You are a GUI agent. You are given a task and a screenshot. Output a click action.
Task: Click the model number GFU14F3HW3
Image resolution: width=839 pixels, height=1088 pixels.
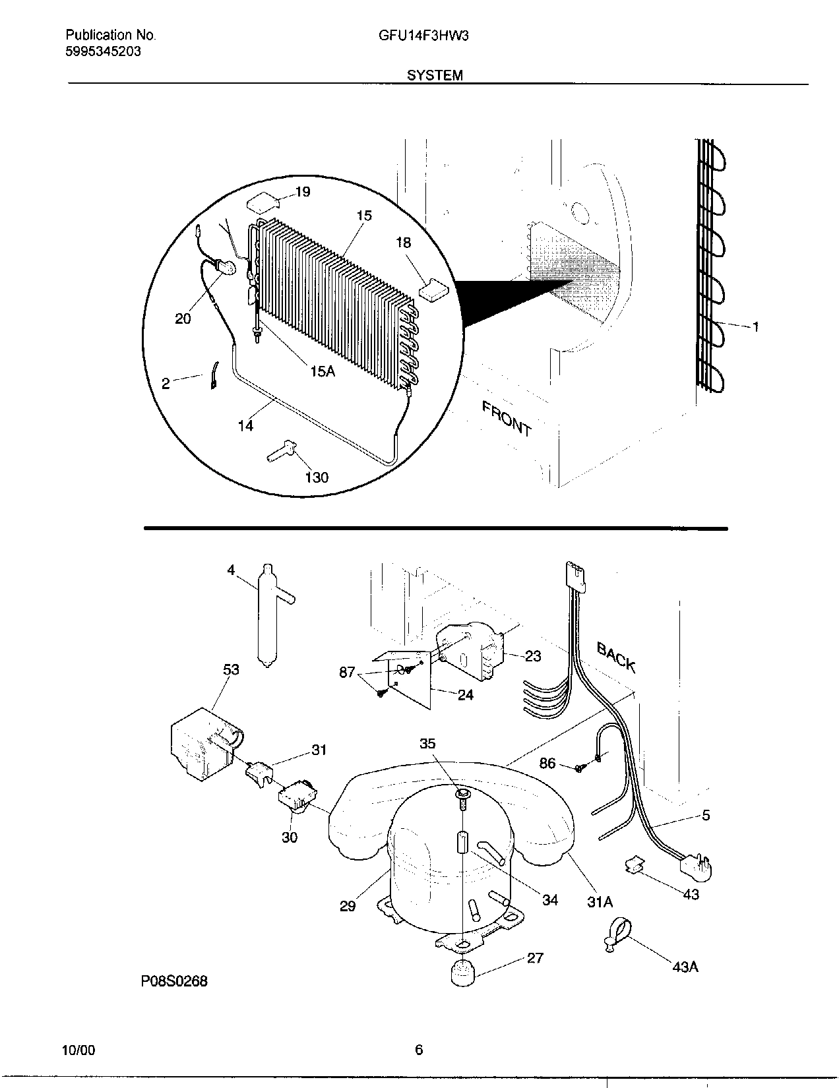[423, 36]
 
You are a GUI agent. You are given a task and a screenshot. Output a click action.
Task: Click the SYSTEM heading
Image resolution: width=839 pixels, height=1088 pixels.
[435, 75]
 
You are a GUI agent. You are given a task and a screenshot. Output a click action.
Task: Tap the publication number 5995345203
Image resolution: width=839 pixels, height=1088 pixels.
[103, 51]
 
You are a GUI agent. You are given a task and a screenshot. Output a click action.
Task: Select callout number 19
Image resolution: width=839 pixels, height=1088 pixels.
[302, 192]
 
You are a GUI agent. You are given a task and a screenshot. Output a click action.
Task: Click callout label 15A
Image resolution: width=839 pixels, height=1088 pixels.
[322, 372]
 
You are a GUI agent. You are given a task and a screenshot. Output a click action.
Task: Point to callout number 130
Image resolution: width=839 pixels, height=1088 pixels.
[317, 477]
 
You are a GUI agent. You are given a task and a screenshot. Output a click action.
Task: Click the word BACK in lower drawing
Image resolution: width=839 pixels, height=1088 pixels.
[616, 657]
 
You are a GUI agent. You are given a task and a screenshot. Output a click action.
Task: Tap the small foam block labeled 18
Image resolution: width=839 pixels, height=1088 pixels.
[433, 289]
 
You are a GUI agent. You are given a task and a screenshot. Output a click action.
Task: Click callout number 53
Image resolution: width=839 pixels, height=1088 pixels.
[231, 669]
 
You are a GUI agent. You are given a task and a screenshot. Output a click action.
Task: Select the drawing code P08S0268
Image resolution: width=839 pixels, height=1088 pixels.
[173, 981]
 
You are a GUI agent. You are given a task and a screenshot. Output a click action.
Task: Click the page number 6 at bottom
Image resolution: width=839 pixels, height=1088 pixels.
[419, 1050]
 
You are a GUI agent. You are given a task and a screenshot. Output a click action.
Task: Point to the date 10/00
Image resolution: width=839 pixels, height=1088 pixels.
[78, 1050]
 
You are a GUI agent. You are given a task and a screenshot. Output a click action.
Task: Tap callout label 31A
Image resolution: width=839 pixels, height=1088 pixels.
[600, 901]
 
